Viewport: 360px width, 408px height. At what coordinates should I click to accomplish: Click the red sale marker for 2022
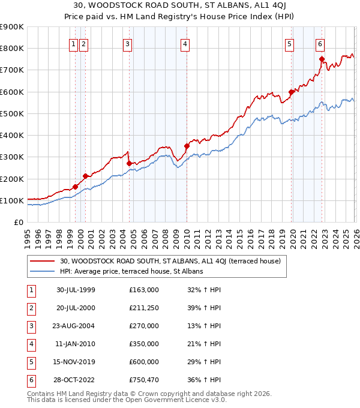(x=322, y=59)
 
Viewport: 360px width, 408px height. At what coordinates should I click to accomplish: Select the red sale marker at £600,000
(x=291, y=92)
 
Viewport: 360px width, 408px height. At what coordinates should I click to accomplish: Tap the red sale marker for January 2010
(x=187, y=146)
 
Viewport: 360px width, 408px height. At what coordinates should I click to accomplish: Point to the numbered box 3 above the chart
(x=128, y=44)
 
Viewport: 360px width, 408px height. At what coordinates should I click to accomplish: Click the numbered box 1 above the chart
(x=73, y=44)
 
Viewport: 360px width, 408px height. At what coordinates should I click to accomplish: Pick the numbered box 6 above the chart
(x=320, y=44)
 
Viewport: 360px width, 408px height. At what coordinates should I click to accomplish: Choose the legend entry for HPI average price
(x=131, y=271)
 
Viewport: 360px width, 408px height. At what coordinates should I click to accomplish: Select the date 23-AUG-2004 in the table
(x=76, y=326)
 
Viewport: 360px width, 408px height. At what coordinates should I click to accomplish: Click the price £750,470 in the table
(x=144, y=380)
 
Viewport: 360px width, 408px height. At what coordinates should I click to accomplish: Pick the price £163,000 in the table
(x=144, y=290)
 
